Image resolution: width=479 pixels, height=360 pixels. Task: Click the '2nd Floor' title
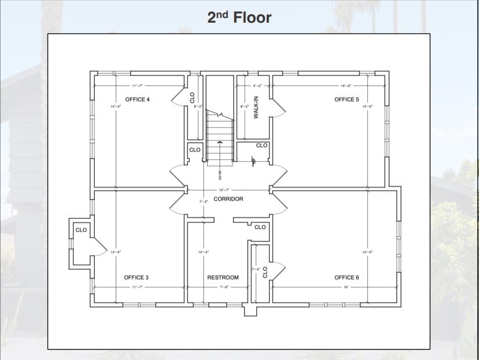coord(239,17)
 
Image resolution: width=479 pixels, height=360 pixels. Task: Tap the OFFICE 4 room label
coord(137,99)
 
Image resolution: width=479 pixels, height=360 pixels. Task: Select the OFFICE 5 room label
coord(346,99)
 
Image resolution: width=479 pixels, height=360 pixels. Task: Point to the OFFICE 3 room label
coord(136,277)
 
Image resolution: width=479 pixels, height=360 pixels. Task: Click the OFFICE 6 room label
coord(346,277)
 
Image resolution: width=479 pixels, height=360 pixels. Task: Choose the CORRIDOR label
coord(228,199)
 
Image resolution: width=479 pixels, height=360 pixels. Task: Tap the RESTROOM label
coord(223,277)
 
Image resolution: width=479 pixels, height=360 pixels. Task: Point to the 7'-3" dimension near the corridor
coord(203,201)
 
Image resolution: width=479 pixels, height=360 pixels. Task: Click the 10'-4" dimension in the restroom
coord(203,252)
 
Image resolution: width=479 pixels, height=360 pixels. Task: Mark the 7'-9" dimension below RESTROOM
coord(223,287)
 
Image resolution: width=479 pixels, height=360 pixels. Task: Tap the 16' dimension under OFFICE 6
coord(345,287)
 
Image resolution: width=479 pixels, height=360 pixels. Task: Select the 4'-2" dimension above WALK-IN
coord(256,85)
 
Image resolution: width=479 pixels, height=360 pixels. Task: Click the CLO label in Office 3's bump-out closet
coord(81,230)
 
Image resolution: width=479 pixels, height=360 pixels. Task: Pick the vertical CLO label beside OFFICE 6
coord(265,272)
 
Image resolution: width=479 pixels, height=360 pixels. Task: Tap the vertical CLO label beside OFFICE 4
coord(192,98)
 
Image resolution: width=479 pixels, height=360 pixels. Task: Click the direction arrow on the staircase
coord(219,142)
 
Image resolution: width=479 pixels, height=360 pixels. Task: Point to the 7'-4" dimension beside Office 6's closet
coord(256,269)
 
